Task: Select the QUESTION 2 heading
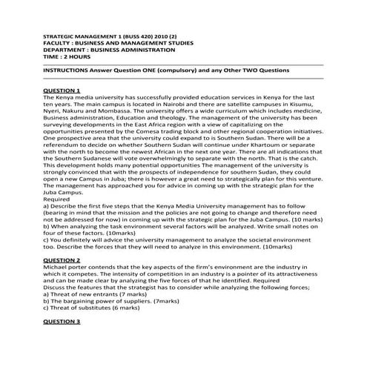[x=62, y=261]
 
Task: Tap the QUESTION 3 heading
[x=62, y=321]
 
